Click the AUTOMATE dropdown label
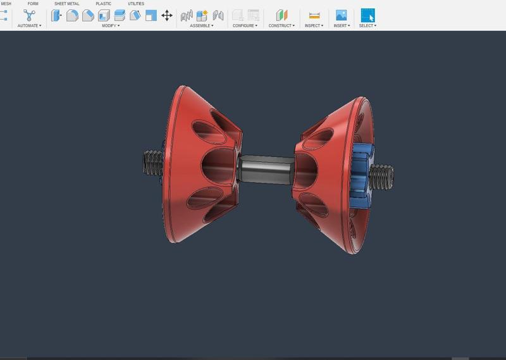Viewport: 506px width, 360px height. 29,26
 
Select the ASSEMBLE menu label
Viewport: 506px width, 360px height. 202,26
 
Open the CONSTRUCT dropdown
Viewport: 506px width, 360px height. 281,26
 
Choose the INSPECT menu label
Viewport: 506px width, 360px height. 314,26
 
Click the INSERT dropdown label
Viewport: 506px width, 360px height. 341,26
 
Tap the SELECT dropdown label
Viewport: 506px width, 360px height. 367,26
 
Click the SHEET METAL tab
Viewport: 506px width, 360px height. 66,4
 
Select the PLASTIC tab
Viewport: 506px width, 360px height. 103,4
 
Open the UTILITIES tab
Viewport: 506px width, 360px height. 136,4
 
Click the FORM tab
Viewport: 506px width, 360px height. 33,4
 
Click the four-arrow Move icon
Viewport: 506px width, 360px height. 167,15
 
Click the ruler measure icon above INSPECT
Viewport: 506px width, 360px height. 314,15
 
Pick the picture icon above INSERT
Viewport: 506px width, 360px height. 341,15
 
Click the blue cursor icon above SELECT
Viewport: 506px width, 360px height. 367,15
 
